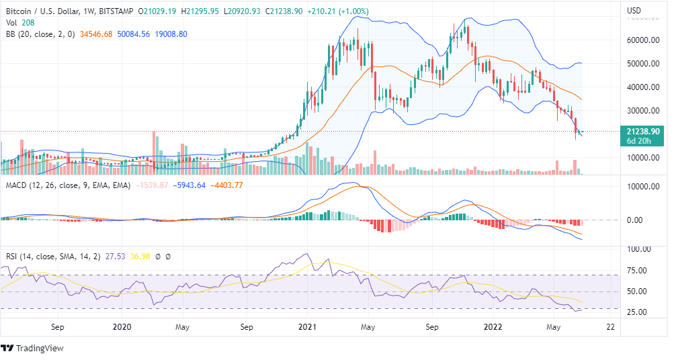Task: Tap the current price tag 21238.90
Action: click(643, 131)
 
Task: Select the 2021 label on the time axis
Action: click(307, 327)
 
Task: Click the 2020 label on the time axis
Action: click(121, 327)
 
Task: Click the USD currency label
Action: click(634, 11)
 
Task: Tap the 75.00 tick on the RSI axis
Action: click(638, 271)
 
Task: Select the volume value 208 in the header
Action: click(25, 22)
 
